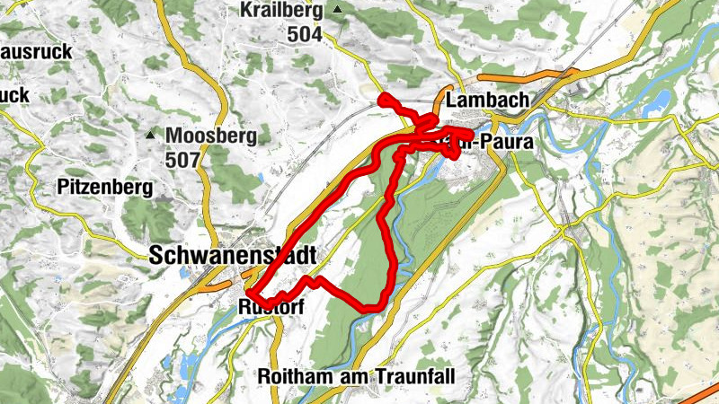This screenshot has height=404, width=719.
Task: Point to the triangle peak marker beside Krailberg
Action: (x=338, y=11)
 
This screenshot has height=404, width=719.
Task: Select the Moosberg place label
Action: (x=211, y=136)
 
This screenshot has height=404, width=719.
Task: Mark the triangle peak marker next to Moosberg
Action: (x=149, y=136)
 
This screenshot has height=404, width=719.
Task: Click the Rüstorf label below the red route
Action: (x=272, y=308)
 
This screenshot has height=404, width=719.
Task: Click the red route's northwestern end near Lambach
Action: (x=383, y=97)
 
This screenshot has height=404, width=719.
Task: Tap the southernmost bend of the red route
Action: (x=368, y=307)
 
